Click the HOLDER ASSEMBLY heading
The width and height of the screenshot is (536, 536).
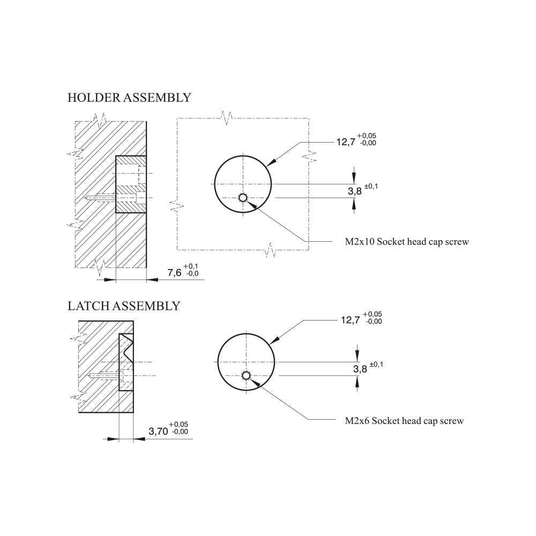pyautogui.click(x=129, y=98)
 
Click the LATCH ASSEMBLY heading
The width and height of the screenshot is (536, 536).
pyautogui.click(x=124, y=306)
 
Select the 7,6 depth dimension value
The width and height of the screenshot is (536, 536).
pyautogui.click(x=174, y=273)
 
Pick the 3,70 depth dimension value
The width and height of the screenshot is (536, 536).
pyautogui.click(x=158, y=431)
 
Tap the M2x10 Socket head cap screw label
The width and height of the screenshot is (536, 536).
pyautogui.click(x=407, y=242)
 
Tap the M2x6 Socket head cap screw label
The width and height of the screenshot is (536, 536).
pyautogui.click(x=404, y=421)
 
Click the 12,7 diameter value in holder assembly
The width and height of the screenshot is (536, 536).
pyautogui.click(x=346, y=142)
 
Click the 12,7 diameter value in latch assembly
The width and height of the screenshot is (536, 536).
pyautogui.click(x=351, y=320)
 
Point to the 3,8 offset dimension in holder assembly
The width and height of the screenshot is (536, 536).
pyautogui.click(x=355, y=191)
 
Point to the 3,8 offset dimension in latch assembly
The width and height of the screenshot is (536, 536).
pyautogui.click(x=360, y=369)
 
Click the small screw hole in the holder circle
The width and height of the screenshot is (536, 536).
pyautogui.click(x=243, y=198)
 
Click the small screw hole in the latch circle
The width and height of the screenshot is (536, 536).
pyautogui.click(x=246, y=376)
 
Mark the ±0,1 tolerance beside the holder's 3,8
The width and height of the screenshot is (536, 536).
pyautogui.click(x=371, y=187)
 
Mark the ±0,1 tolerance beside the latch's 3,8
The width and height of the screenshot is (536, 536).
pyautogui.click(x=376, y=364)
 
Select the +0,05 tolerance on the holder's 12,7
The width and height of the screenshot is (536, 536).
pyautogui.click(x=367, y=136)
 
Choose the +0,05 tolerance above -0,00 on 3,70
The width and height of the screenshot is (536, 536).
pyautogui.click(x=178, y=425)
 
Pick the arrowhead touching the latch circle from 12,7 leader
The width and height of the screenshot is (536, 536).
pyautogui.click(x=274, y=340)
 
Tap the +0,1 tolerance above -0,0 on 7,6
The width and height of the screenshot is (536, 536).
pyautogui.click(x=191, y=266)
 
